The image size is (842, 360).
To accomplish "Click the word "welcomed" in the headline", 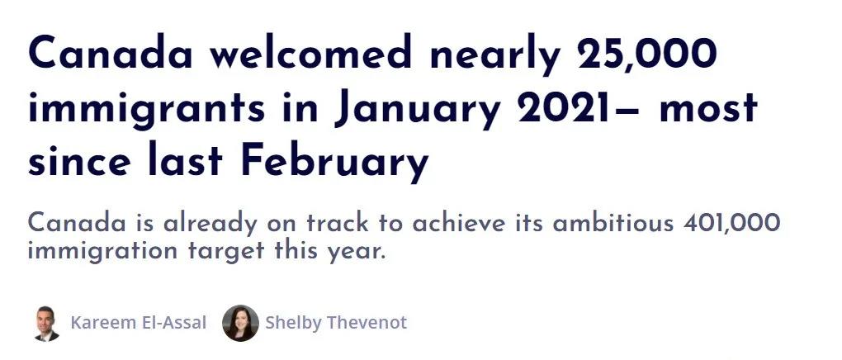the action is point(311,52).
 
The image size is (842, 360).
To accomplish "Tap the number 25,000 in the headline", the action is point(646,54).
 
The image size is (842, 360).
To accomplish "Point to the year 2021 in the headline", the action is point(583,107).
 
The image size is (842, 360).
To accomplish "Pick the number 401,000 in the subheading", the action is point(731,222).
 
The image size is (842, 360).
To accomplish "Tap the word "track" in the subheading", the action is point(338,222).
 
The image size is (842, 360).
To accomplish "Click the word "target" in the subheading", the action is point(227,250).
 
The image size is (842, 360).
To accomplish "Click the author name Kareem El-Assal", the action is point(139,323).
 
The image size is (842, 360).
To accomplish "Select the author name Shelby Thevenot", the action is point(336,323).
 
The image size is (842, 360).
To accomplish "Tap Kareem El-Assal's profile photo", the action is point(45,324).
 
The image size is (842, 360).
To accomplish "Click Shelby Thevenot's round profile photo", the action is point(240,324).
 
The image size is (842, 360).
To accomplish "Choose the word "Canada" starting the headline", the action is point(110,53).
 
